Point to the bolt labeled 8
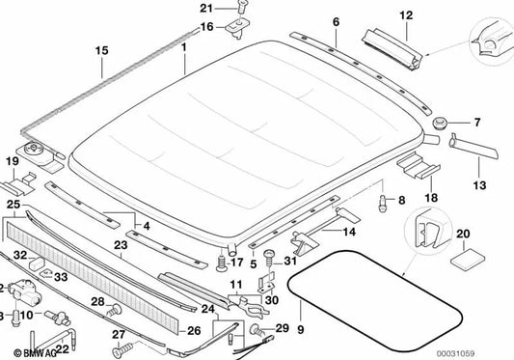tap(382, 204)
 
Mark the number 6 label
tap(336, 21)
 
